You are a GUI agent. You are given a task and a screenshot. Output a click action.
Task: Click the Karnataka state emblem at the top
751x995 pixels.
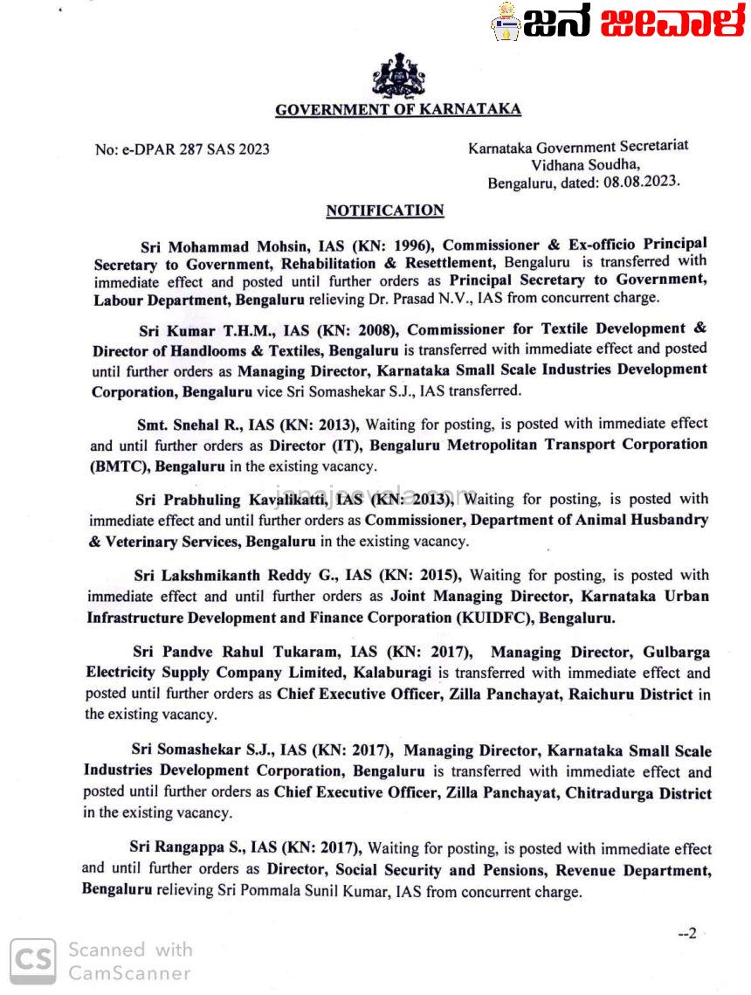398,76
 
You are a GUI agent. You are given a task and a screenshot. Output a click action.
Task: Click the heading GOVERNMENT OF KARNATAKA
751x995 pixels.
398,110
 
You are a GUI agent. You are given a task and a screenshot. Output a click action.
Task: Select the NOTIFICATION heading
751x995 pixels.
384,211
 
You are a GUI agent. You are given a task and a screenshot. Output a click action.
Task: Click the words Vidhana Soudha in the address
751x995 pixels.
585,164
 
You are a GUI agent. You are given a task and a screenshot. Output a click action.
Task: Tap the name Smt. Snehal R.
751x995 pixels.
191,425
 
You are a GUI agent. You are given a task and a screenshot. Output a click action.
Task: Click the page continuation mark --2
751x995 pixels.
687,933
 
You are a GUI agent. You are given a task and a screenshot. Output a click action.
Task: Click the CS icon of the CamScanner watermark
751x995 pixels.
33,960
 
